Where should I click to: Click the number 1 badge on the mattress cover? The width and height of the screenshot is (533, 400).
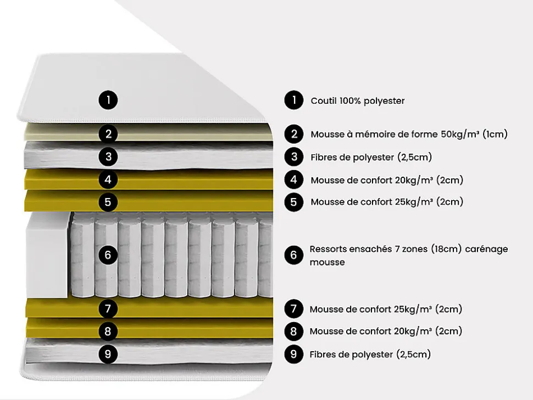tap(108, 100)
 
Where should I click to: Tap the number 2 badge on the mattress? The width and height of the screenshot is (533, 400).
tap(108, 134)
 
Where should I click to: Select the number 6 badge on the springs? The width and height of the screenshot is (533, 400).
tap(108, 255)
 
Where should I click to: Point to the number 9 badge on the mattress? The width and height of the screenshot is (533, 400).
tap(108, 354)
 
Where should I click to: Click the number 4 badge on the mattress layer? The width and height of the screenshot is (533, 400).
tap(108, 179)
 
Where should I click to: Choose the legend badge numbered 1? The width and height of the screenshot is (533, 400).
tap(294, 100)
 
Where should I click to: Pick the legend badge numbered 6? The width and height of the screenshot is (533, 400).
tap(294, 255)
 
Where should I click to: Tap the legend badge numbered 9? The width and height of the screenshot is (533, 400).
tap(294, 354)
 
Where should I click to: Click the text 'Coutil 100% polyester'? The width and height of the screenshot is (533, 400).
tap(358, 101)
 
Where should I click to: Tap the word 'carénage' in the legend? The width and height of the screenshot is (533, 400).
tap(486, 249)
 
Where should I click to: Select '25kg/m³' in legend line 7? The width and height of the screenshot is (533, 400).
tap(413, 309)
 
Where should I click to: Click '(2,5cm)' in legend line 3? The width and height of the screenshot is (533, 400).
tap(414, 157)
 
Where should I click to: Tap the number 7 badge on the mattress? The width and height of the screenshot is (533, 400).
tap(108, 309)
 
